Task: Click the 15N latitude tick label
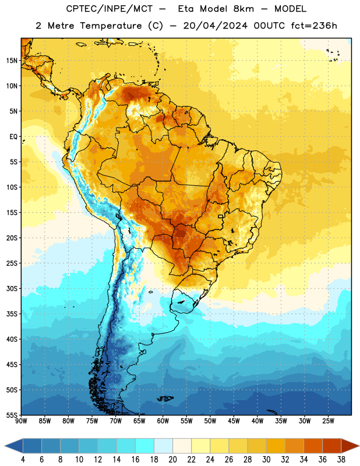[x=12, y=61]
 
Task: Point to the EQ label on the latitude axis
[x=13, y=137]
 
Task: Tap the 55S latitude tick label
[x=12, y=415]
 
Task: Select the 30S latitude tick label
[x=12, y=288]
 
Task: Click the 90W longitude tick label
[x=21, y=421]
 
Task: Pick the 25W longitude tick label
[x=328, y=421]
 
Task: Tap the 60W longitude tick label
[x=163, y=421]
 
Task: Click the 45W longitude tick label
[x=234, y=421]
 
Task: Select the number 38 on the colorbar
[x=341, y=460]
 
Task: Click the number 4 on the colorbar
[x=23, y=460]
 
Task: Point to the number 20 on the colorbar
[x=172, y=460]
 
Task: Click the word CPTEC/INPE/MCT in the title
[x=110, y=9]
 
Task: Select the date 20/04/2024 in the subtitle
[x=215, y=26]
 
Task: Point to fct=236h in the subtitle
[x=314, y=26]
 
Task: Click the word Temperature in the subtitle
[x=111, y=26]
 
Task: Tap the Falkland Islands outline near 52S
[x=165, y=398]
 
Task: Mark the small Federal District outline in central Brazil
[x=221, y=217]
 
